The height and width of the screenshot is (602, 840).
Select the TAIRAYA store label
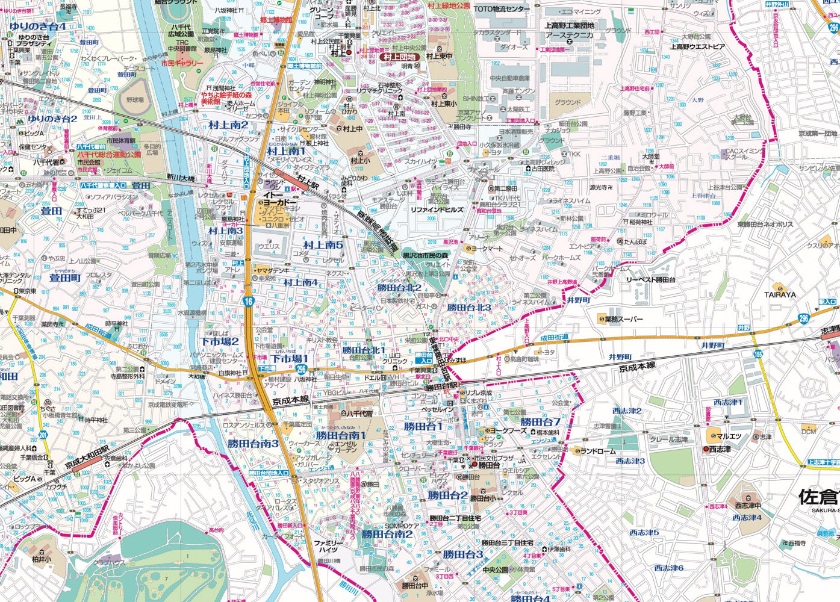[x=780, y=295]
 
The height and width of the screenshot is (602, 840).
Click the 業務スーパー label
[x=624, y=319]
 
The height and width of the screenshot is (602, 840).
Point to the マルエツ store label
[x=729, y=436]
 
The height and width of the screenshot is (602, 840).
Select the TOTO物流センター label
[x=502, y=9]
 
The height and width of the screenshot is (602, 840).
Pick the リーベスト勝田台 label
[x=651, y=280]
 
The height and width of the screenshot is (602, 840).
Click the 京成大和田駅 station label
[x=87, y=457]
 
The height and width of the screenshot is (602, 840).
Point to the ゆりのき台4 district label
[x=37, y=27]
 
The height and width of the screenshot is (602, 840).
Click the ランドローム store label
[x=599, y=451]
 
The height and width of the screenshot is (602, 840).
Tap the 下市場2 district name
[x=219, y=341]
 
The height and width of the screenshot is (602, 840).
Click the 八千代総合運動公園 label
[x=108, y=154]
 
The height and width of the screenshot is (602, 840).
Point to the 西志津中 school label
[x=747, y=505]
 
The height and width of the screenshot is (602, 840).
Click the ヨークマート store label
[x=487, y=248]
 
